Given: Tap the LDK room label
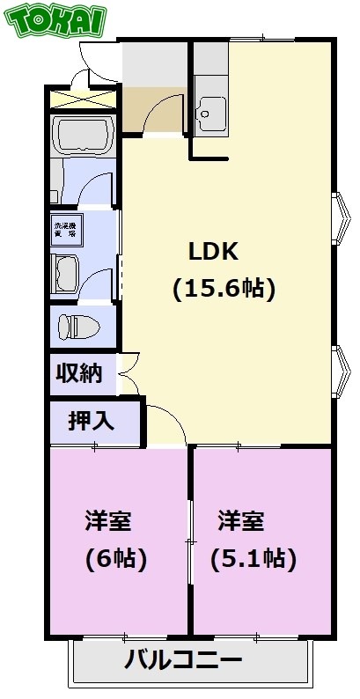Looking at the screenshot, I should [x=214, y=251].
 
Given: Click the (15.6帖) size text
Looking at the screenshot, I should [x=224, y=288].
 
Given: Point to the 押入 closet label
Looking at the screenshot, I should [x=92, y=421].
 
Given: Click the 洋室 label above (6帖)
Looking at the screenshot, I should [x=108, y=521].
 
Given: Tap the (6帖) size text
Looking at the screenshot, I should [x=115, y=558].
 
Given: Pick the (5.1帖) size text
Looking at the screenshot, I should [x=253, y=558].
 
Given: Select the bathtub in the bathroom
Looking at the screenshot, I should [x=84, y=135].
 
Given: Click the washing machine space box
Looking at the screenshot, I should [x=67, y=232].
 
